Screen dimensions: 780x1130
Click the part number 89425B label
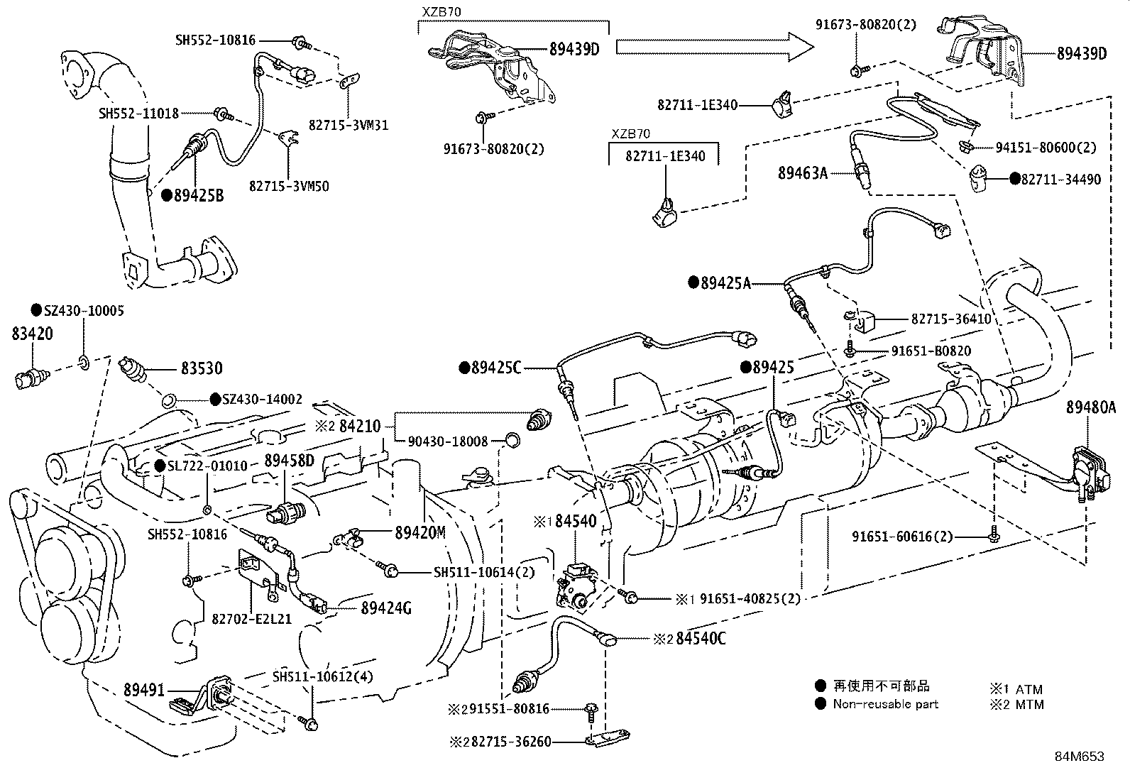tap(198, 195)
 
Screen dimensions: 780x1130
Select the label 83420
tap(32, 333)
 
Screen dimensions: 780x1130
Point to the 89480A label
tap(1090, 407)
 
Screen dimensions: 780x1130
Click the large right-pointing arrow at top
tap(714, 47)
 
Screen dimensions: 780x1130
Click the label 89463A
tap(803, 172)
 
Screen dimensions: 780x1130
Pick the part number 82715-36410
tap(951, 319)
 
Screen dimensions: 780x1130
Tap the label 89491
tap(144, 689)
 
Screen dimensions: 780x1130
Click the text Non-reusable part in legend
tap(885, 704)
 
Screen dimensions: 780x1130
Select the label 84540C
tap(701, 638)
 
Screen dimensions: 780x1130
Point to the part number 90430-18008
tap(448, 441)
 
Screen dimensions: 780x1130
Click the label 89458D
tap(289, 460)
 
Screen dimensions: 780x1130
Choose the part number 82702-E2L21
tap(251, 618)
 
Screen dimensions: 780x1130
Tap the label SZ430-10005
tap(84, 310)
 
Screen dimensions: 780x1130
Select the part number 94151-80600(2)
tap(1046, 148)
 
